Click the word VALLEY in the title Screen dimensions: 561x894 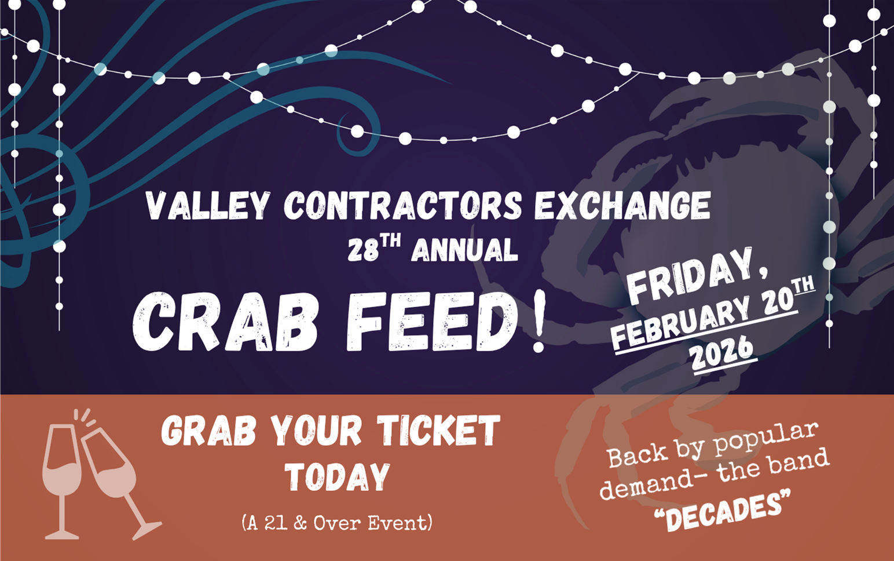[208, 206]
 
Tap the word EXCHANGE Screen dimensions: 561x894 [622, 206]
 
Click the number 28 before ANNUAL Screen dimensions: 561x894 [363, 251]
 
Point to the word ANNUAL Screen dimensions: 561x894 [464, 251]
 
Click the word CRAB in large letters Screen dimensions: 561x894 [226, 322]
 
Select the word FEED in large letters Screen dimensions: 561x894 [431, 322]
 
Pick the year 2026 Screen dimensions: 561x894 [722, 352]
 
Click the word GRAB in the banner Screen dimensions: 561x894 [208, 432]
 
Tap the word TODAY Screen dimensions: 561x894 [338, 478]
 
